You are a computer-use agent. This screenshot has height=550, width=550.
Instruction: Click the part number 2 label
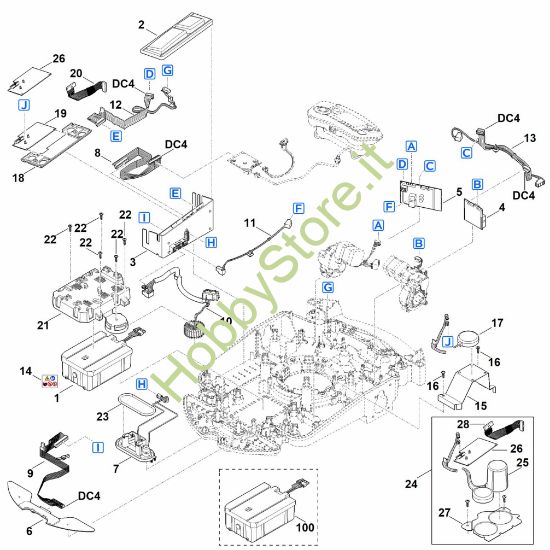point(141,25)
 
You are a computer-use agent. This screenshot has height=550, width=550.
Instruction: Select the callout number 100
point(305,527)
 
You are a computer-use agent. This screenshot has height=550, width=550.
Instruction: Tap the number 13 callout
point(530,138)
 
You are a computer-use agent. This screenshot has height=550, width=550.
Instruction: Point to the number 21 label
point(43,325)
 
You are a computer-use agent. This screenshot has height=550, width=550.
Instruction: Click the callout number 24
point(411,484)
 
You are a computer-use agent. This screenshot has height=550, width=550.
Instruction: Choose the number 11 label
point(250,223)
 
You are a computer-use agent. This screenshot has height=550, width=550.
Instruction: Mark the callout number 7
point(116,468)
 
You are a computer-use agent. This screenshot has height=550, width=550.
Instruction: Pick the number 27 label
point(444,512)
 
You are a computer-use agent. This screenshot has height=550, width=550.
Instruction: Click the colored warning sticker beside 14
point(49,381)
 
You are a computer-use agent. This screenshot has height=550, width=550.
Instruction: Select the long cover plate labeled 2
point(176,34)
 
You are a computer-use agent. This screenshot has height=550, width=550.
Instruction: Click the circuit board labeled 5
point(421,196)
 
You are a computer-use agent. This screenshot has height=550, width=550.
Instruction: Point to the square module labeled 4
point(475,212)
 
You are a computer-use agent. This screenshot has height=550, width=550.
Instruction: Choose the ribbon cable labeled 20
point(86,88)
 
